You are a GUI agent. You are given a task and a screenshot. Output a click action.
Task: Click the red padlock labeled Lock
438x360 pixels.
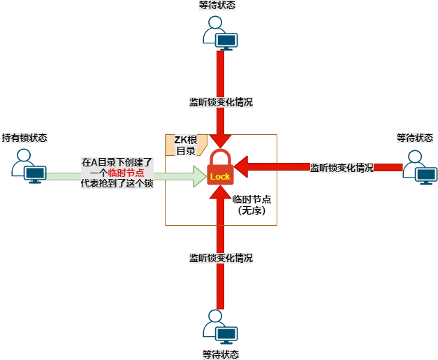(x=220, y=168)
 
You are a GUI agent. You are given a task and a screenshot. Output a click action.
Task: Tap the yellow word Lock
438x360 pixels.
(x=220, y=177)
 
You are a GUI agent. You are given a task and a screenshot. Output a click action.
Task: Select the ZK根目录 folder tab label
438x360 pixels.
(x=186, y=145)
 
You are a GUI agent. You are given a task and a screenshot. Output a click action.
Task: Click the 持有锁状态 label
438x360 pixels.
(x=24, y=138)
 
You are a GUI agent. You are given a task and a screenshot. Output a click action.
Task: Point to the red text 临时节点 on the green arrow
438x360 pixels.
(x=126, y=173)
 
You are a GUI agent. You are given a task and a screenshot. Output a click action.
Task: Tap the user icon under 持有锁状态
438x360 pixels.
(x=29, y=166)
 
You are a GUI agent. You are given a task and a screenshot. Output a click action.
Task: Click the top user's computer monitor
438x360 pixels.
(x=226, y=41)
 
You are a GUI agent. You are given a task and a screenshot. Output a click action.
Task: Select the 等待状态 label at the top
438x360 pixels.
(x=217, y=5)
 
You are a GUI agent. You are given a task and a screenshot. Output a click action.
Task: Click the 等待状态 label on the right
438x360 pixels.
(x=415, y=138)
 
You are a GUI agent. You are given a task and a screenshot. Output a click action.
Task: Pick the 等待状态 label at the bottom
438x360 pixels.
(x=221, y=354)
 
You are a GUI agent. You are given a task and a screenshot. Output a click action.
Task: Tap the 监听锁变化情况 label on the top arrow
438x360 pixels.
(x=221, y=102)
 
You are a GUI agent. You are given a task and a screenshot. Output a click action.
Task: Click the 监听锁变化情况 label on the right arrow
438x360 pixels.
(x=342, y=168)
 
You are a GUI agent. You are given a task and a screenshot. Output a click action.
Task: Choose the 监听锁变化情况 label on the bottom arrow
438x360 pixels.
(x=221, y=258)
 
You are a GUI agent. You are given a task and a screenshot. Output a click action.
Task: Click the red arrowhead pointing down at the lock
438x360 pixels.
(x=220, y=141)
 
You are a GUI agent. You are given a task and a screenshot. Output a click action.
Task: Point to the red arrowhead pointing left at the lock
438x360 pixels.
(x=241, y=167)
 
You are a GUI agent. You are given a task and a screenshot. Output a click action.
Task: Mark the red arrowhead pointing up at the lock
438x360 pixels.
(x=220, y=192)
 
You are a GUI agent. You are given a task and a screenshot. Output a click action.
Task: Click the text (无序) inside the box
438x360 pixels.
(x=251, y=210)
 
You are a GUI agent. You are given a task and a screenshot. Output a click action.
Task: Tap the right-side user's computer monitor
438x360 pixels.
(x=426, y=175)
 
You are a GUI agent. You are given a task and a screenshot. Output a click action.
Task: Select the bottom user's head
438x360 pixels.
(x=215, y=316)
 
